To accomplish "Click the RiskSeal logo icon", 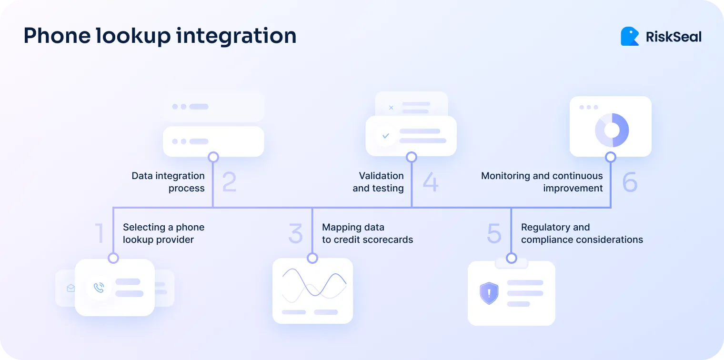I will (x=630, y=36).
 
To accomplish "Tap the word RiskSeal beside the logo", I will (x=674, y=37).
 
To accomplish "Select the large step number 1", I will (x=100, y=233).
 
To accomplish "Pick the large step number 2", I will (x=229, y=182).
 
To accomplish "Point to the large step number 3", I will (x=296, y=233).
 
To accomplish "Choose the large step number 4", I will (x=430, y=182).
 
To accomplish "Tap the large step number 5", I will (x=494, y=233).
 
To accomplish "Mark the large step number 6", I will (x=630, y=182).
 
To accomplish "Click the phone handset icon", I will (x=99, y=288).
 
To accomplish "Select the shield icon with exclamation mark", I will (x=489, y=293).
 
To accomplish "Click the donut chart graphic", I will (x=612, y=130).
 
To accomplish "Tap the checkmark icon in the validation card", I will (x=386, y=136).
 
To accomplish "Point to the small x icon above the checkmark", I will (x=391, y=108).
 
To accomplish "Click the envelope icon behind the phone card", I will (x=71, y=288).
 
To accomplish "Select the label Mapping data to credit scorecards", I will (x=367, y=233).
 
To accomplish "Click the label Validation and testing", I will (x=378, y=182).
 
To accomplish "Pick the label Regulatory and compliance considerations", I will (x=582, y=233).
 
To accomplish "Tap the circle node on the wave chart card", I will (x=312, y=258).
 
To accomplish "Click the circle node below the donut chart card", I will (x=611, y=157).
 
